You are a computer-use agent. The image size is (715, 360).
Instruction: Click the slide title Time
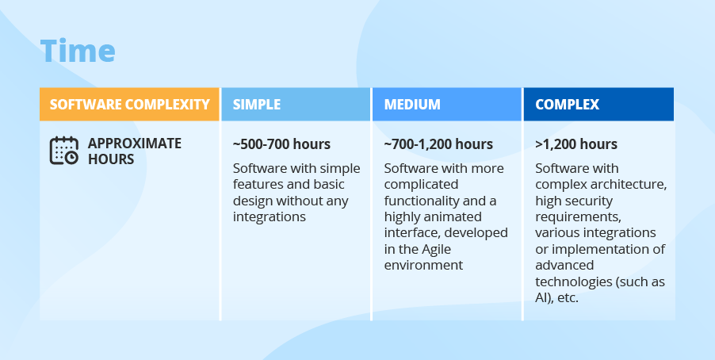[x=78, y=50]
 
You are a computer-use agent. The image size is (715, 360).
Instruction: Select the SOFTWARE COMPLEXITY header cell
[x=129, y=105]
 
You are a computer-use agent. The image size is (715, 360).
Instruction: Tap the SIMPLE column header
[x=296, y=105]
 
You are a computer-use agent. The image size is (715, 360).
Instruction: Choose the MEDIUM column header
[x=447, y=105]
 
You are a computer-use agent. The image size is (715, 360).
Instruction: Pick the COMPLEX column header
[x=598, y=105]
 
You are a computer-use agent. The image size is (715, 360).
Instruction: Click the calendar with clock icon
[x=64, y=151]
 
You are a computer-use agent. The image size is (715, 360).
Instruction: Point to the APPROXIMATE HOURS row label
[x=135, y=151]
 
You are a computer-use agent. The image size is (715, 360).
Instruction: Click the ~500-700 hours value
[x=281, y=144]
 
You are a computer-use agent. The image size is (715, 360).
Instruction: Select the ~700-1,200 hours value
[x=438, y=144]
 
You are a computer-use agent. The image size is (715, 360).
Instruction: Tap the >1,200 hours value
[x=576, y=144]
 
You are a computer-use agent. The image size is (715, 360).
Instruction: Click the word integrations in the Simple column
[x=269, y=216]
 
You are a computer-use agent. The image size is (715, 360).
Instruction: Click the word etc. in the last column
[x=568, y=298]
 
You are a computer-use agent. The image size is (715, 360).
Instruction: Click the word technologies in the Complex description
[x=573, y=282]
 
